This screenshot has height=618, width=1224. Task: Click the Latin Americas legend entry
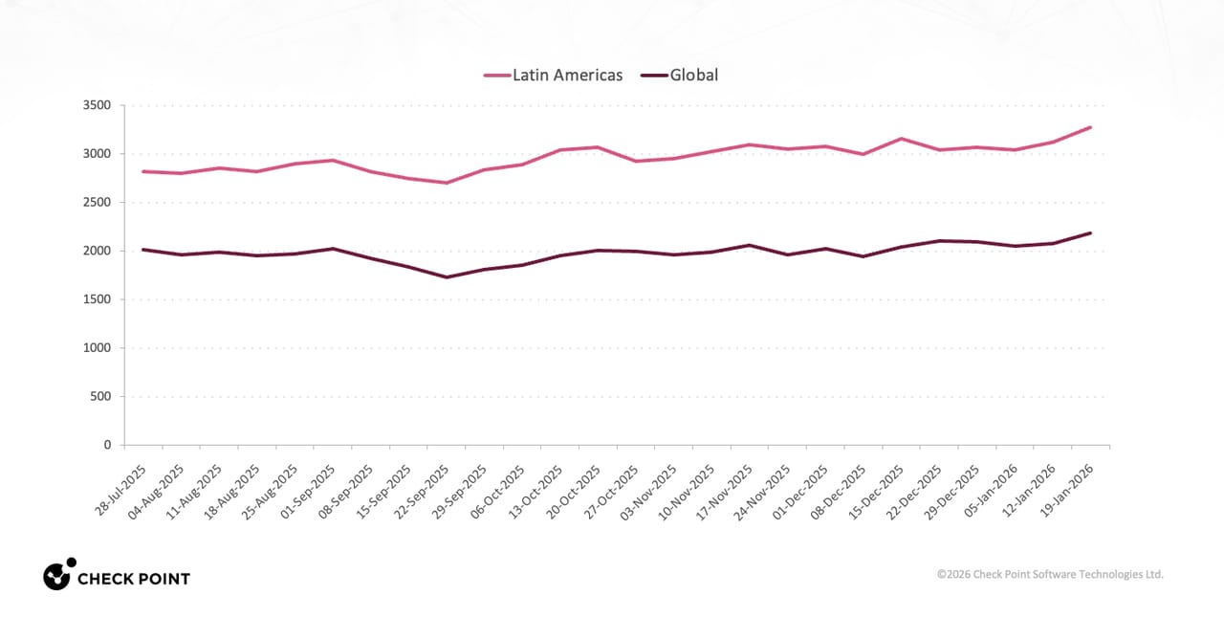pos(553,75)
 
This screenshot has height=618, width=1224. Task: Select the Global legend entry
pos(679,75)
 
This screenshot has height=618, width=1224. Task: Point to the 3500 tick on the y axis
pos(97,105)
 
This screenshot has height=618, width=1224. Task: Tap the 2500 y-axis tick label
pos(97,203)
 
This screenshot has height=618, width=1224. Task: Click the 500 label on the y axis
pos(100,396)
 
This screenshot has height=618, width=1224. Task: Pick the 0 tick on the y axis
pos(107,445)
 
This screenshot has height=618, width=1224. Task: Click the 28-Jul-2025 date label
pos(120,491)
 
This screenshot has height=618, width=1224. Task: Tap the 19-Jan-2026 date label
pos(1066,491)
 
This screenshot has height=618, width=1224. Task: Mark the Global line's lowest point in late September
pos(447,277)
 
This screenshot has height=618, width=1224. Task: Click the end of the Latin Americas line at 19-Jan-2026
pos(1091,127)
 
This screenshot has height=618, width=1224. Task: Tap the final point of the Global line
pos(1091,233)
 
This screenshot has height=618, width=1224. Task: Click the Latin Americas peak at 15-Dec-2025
pos(901,139)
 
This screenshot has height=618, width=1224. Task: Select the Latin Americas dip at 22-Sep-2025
pos(447,183)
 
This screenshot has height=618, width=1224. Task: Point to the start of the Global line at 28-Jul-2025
pos(143,250)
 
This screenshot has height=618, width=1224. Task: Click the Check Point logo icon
pos(59,574)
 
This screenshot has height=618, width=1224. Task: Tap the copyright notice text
pos(1050,574)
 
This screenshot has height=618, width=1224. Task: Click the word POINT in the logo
pos(159,579)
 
